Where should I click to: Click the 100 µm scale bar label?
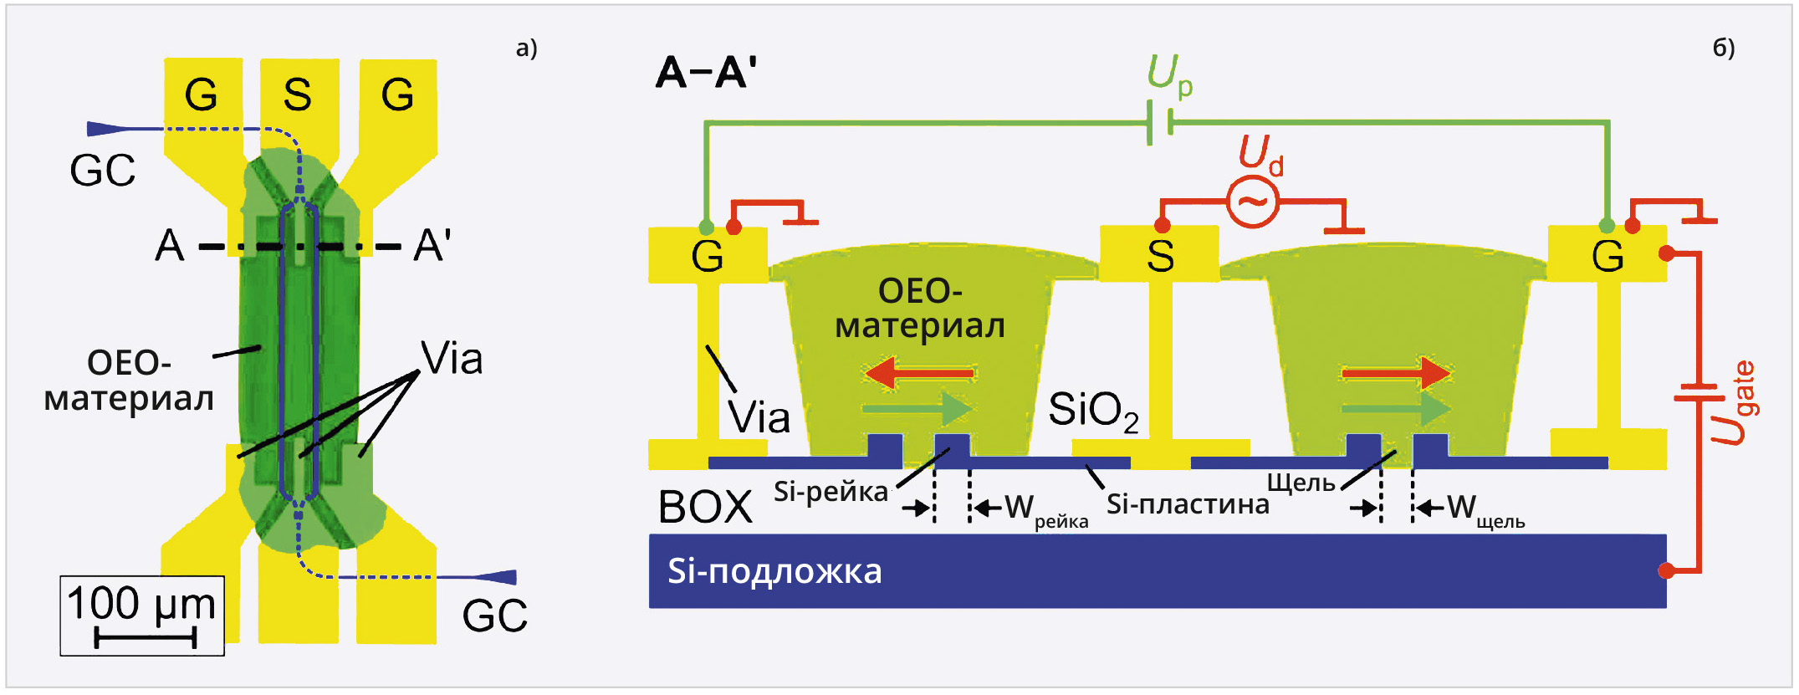tap(141, 603)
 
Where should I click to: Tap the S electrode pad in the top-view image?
tap(298, 95)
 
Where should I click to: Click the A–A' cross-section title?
tap(707, 73)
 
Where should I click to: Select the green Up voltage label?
tap(1169, 75)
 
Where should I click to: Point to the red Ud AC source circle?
tap(1252, 202)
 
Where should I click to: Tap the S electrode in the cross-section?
tap(1159, 254)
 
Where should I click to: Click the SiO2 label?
tap(1092, 411)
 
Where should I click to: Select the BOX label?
tap(705, 507)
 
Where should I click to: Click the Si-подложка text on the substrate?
tap(774, 571)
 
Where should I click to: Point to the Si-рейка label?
tap(830, 492)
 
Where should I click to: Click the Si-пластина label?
tap(1188, 504)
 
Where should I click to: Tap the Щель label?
tap(1301, 483)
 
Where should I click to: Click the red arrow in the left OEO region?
tap(919, 372)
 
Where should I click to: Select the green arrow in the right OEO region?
tap(1395, 409)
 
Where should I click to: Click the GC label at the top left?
tap(102, 171)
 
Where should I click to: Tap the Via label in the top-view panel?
tap(452, 359)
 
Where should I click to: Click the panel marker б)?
tap(1723, 48)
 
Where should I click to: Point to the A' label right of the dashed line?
tap(432, 246)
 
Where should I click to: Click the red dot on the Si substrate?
tap(1666, 570)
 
